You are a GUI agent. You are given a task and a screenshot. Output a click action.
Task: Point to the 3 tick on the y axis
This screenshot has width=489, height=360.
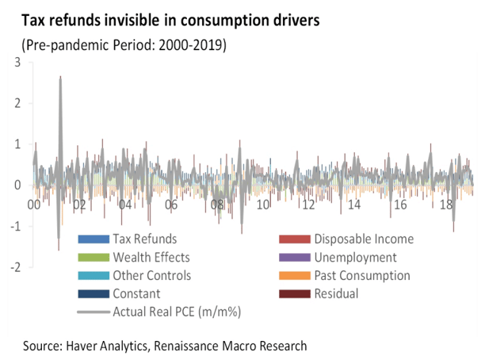pos(17,62)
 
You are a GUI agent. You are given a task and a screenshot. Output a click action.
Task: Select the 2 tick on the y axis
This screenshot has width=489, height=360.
pos(17,103)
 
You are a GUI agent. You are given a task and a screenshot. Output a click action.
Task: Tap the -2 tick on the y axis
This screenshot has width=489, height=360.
pos(14,267)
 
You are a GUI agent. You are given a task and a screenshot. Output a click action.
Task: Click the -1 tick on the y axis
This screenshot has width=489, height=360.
pos(14,227)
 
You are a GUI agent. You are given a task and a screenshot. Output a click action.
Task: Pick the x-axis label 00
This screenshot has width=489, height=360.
pos(33,205)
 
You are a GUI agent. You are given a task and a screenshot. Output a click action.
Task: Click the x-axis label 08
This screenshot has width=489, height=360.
pos(217,205)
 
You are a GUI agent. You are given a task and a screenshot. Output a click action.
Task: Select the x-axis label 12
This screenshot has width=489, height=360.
pos(309,205)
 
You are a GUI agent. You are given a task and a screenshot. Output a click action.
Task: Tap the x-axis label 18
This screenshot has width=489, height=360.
pos(446,205)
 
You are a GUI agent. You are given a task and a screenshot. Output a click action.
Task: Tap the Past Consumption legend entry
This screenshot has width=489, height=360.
pos(361,276)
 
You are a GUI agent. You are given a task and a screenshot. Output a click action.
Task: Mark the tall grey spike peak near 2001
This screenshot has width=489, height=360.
pos(60,78)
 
